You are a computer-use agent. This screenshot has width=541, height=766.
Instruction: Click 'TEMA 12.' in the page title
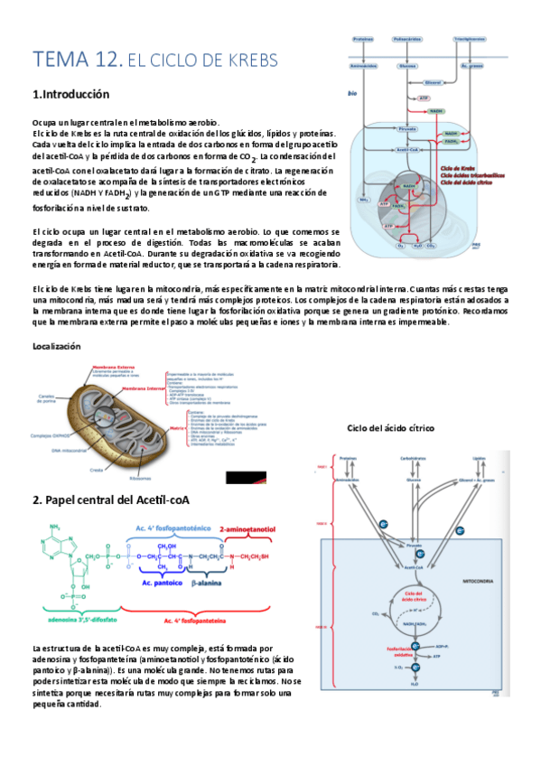[x=76, y=61]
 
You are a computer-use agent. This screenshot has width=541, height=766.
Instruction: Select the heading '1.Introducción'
[x=70, y=95]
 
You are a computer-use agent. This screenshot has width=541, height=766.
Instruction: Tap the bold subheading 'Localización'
[x=56, y=346]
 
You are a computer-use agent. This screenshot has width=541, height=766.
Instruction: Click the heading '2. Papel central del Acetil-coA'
[x=123, y=500]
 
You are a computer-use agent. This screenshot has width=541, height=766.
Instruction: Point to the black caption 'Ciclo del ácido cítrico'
[x=390, y=427]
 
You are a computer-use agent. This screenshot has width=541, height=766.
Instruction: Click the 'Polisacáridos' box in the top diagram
[x=407, y=40]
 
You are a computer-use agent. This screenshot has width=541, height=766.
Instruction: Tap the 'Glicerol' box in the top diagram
[x=433, y=81]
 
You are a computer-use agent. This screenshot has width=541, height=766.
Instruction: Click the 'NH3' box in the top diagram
[x=363, y=200]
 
